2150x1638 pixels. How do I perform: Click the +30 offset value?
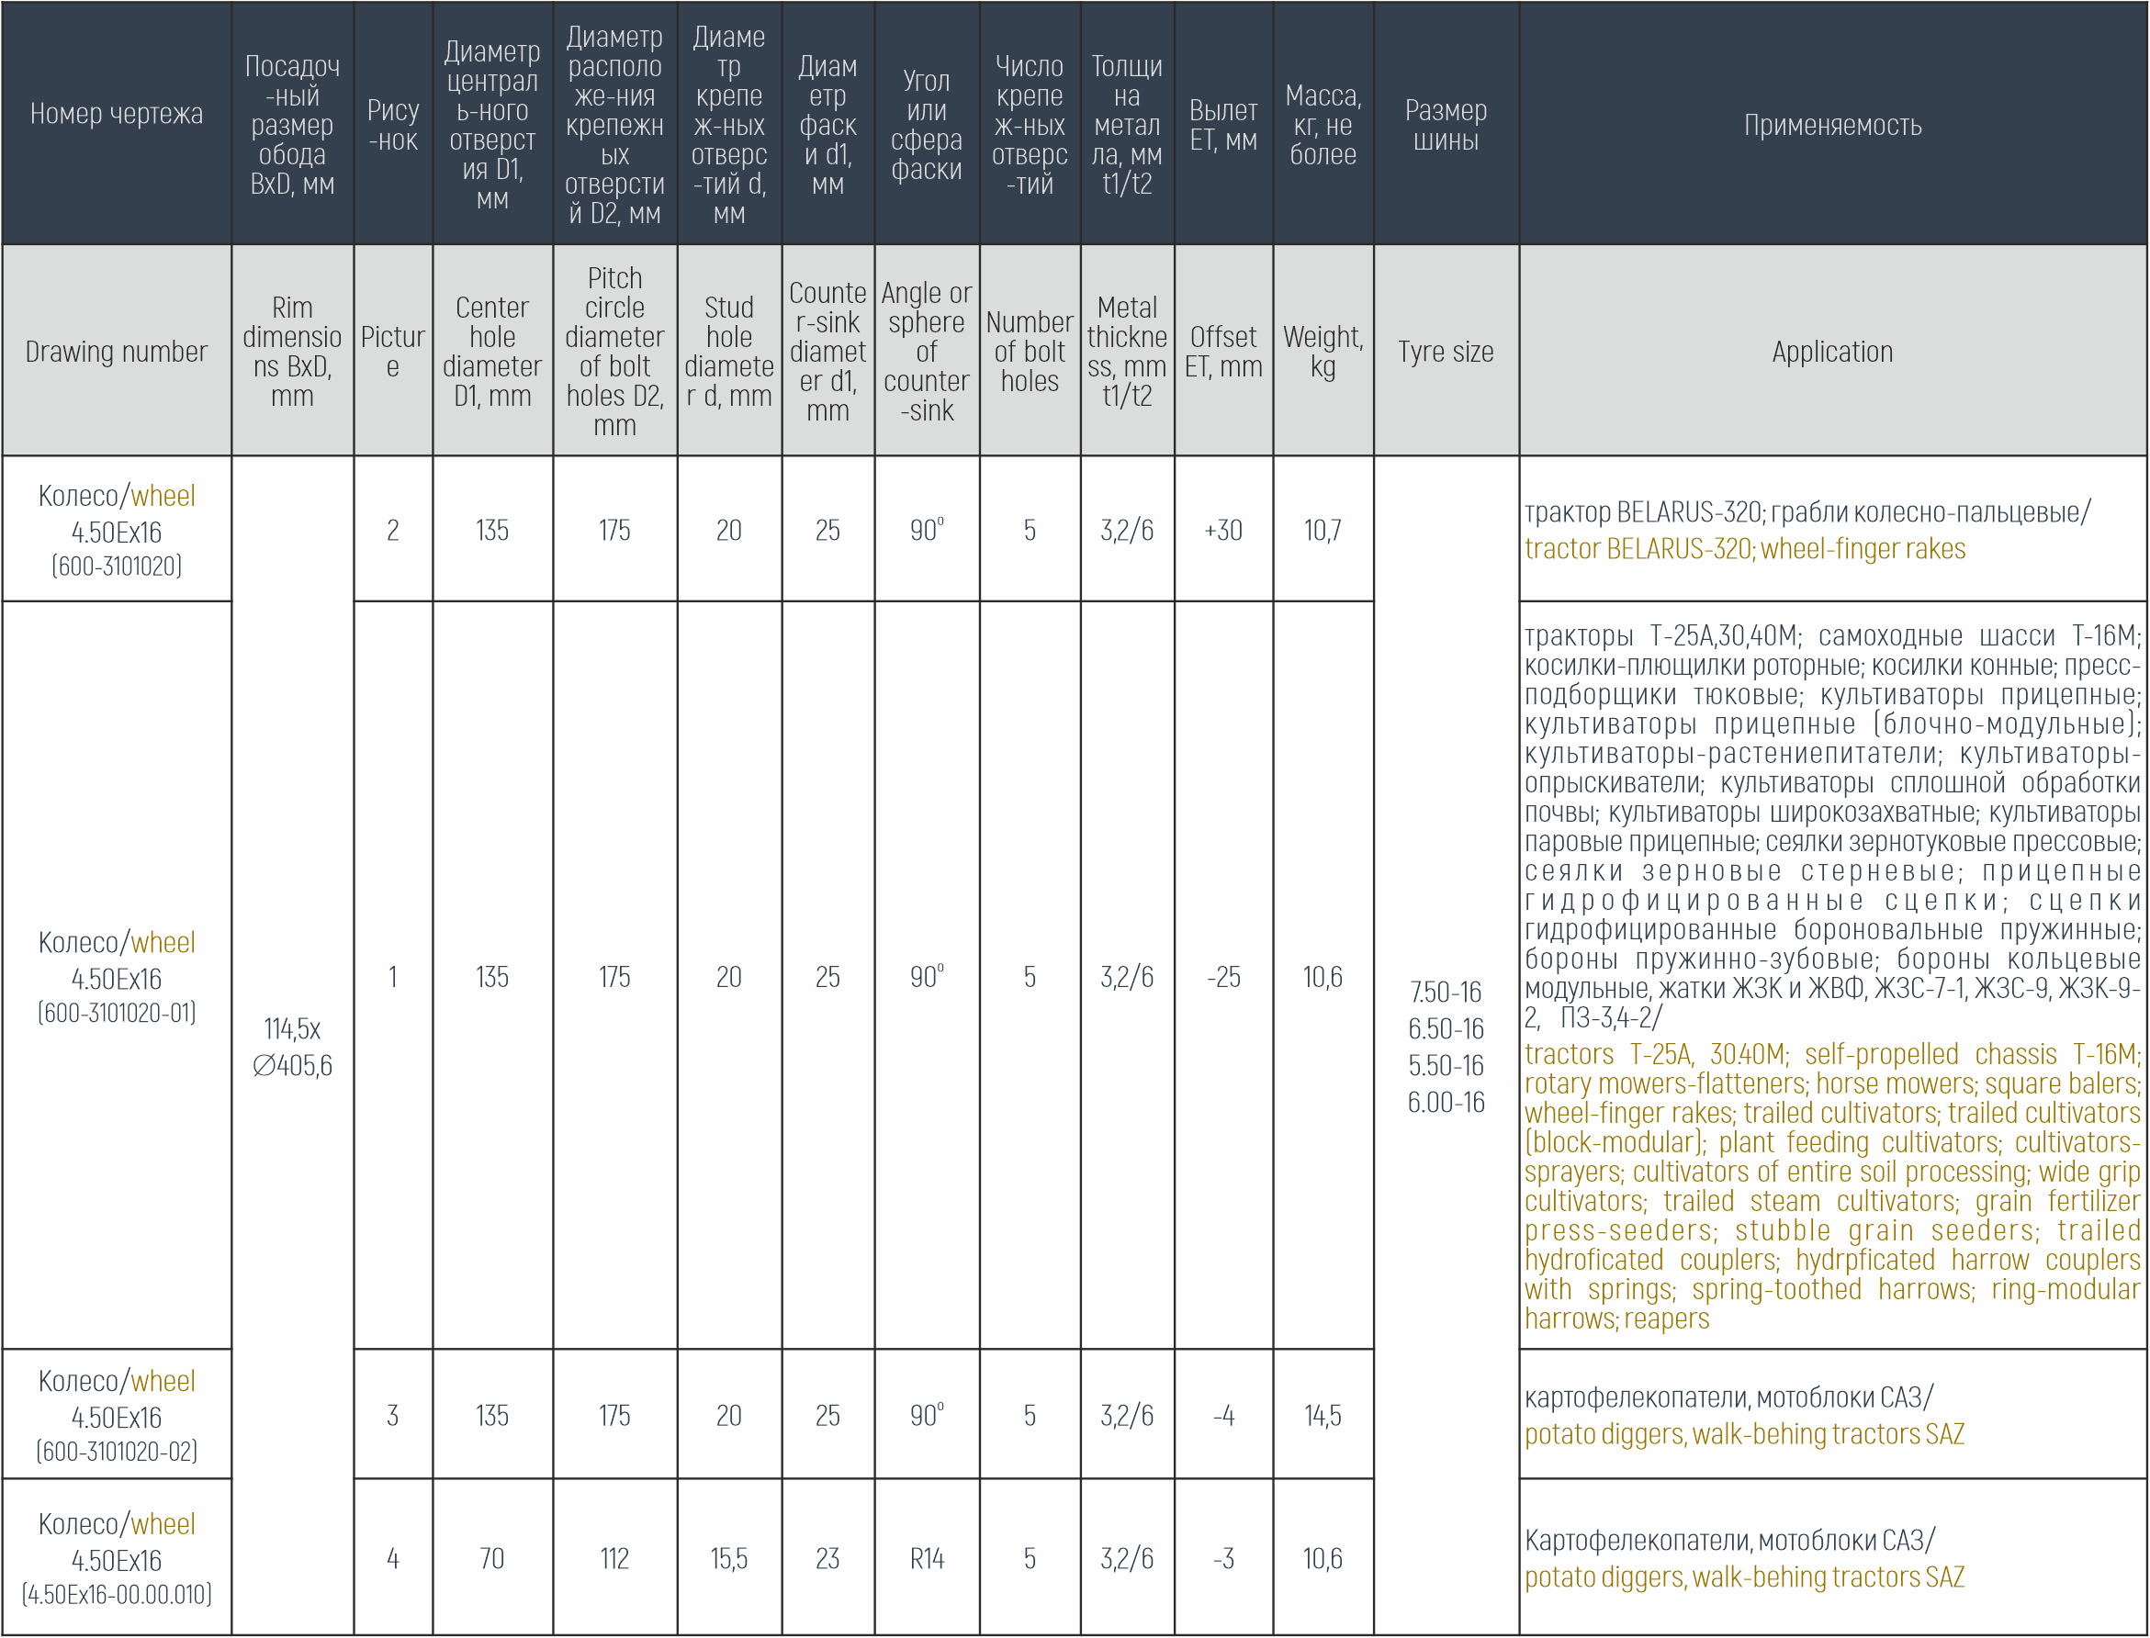click(x=1222, y=531)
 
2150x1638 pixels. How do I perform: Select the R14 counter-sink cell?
click(x=927, y=1559)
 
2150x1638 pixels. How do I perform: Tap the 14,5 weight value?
click(x=1323, y=1416)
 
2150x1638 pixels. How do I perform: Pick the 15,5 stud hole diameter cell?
click(x=728, y=1559)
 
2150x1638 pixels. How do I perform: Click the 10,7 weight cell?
click(x=1323, y=531)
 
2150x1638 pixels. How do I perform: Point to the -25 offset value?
click(x=1222, y=977)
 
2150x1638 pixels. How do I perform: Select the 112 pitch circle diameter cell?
click(x=614, y=1559)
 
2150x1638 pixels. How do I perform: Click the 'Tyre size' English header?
click(x=1445, y=352)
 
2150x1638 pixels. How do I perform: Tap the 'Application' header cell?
click(x=1832, y=352)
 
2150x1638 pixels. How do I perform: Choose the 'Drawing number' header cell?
click(x=116, y=352)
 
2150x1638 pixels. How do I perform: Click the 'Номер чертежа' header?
click(x=116, y=114)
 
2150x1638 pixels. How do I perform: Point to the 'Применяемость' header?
click(x=1832, y=125)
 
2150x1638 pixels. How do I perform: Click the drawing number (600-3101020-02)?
click(x=116, y=1452)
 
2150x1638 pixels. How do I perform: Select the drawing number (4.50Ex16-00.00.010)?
click(x=116, y=1595)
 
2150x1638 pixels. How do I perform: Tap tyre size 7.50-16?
click(x=1445, y=993)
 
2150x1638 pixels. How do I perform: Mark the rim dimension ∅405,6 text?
click(x=293, y=1066)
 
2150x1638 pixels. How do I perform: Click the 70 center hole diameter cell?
click(x=491, y=1559)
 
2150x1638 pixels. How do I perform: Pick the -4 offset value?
click(x=1222, y=1416)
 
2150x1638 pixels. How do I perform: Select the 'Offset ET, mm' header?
click(x=1222, y=352)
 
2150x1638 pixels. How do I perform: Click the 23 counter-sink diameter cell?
click(x=827, y=1559)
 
